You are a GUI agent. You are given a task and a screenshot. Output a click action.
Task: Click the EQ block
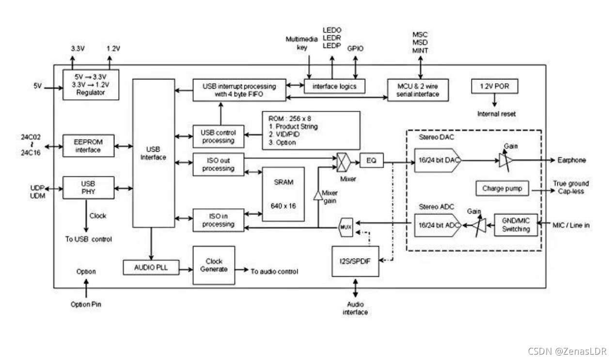(x=371, y=160)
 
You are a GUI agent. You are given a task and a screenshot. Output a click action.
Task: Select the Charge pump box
(x=502, y=188)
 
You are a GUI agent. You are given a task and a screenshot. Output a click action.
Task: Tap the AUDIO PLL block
(x=151, y=267)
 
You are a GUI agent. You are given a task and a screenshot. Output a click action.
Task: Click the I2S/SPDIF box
(x=355, y=261)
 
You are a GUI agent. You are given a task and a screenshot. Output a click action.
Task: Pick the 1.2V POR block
(x=494, y=86)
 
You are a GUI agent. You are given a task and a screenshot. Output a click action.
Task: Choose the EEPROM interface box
(x=88, y=146)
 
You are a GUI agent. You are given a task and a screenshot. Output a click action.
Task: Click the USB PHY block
(x=88, y=188)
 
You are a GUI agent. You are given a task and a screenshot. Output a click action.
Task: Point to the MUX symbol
(x=346, y=227)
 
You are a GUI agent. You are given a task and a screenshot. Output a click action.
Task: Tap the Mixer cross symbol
(x=344, y=162)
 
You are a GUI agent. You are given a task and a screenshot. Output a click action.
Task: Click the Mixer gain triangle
(x=318, y=196)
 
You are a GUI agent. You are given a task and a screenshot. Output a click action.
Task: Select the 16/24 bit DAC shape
(x=438, y=160)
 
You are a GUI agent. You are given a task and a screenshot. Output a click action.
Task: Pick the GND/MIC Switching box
(x=516, y=225)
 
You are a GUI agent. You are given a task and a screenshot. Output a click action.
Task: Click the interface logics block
(x=334, y=86)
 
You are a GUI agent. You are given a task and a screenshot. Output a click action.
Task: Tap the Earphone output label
(x=571, y=160)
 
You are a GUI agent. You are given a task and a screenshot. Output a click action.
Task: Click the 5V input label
(x=37, y=86)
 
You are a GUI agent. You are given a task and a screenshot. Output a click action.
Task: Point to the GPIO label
(x=355, y=48)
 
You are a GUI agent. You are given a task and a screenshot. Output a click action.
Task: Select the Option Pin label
(x=86, y=304)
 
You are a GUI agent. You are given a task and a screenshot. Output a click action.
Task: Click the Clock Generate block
(x=214, y=265)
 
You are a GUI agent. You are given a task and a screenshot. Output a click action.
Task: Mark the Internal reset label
(x=496, y=114)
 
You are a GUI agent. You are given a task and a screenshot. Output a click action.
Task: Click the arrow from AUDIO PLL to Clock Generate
(x=186, y=269)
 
